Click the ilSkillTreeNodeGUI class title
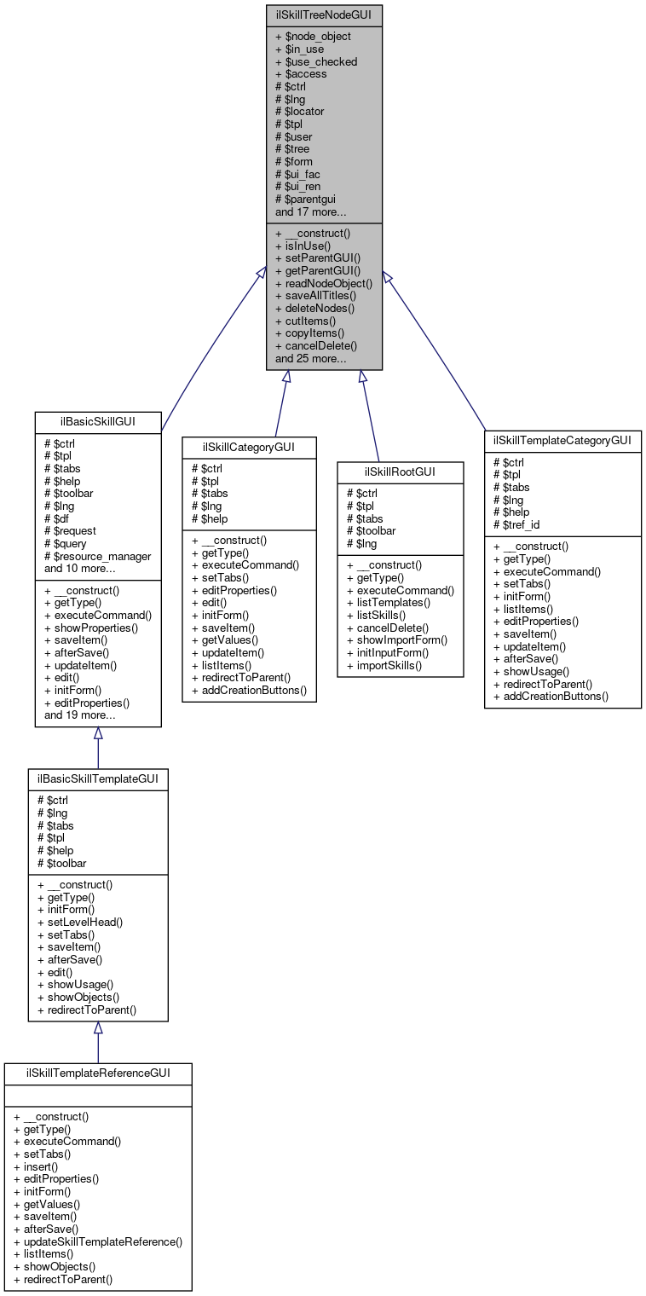pyautogui.click(x=324, y=14)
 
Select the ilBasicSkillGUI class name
pyautogui.click(x=98, y=420)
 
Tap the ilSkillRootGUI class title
pyautogui.click(x=400, y=472)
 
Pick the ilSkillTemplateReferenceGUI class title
pyautogui.click(x=98, y=1073)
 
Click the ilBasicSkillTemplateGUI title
pyautogui.click(x=98, y=778)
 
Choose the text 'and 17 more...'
pyautogui.click(x=310, y=211)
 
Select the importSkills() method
pyautogui.click(x=384, y=665)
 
